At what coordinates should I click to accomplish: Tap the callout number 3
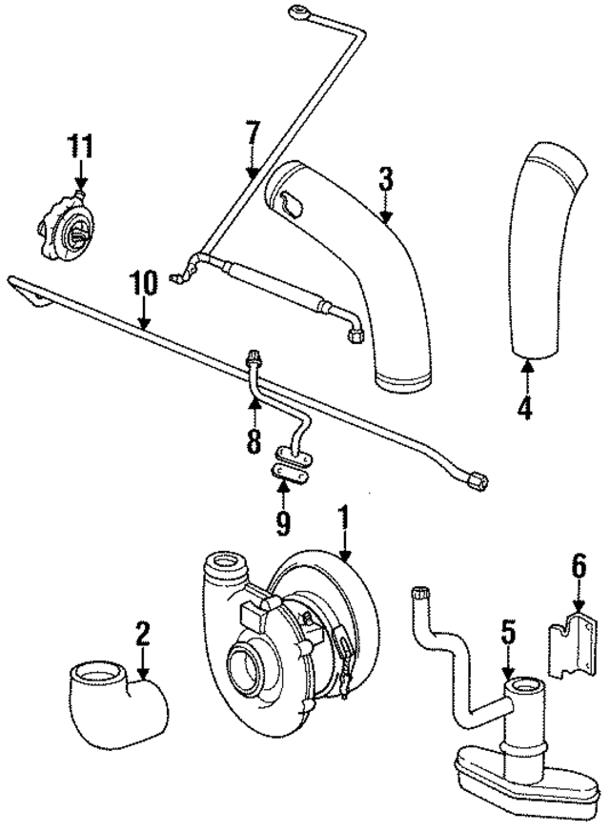click(385, 178)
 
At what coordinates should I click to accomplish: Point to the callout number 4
click(523, 407)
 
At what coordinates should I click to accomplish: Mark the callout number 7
click(252, 134)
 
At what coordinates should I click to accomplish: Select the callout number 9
click(283, 520)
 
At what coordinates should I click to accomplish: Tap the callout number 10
click(142, 284)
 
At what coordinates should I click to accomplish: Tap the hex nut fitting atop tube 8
click(254, 358)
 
